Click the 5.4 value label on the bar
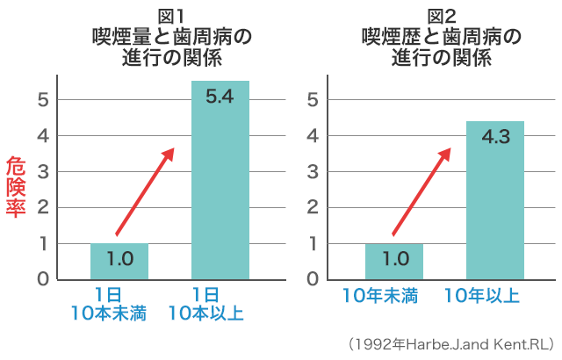(x=220, y=97)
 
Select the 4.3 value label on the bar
(x=495, y=137)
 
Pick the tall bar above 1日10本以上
(x=220, y=193)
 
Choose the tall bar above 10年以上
(x=495, y=211)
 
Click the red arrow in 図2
(x=421, y=191)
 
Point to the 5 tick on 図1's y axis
(x=41, y=99)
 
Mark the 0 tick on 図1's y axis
(x=41, y=279)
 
